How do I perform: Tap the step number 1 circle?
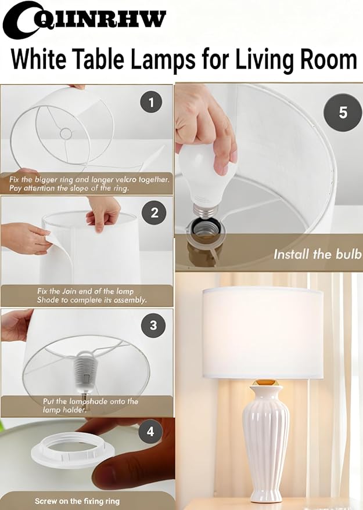coord(152,103)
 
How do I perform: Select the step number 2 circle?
coord(154,213)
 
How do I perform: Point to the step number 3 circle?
coord(153,325)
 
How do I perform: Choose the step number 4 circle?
coord(151,432)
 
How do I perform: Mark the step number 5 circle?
coord(343,111)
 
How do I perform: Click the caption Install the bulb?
coord(318,254)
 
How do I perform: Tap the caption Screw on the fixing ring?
coord(78,501)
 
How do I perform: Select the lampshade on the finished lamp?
coord(262,331)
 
